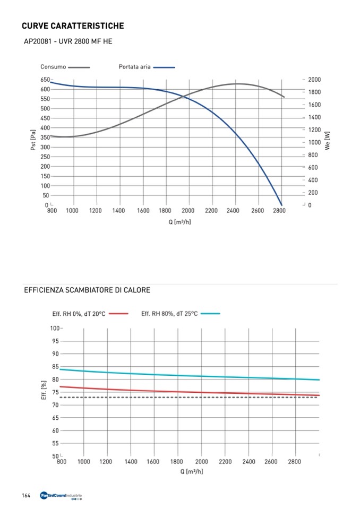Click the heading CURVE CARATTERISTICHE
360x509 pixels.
(73, 25)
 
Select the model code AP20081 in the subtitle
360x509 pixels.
(36, 41)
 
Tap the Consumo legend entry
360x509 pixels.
(53, 67)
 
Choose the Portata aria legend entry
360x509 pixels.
(134, 67)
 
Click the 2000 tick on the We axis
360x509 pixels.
(314, 80)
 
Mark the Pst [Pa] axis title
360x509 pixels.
(33, 141)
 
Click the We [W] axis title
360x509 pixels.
(328, 141)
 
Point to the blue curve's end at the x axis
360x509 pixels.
(281, 205)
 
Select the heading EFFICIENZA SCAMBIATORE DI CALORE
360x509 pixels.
(87, 290)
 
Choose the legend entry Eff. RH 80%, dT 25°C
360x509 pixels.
(169, 314)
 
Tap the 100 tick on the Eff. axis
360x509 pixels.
(55, 328)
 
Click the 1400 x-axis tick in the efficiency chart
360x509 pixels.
(131, 462)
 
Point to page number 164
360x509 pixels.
(25, 496)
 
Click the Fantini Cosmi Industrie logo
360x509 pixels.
(61, 496)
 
